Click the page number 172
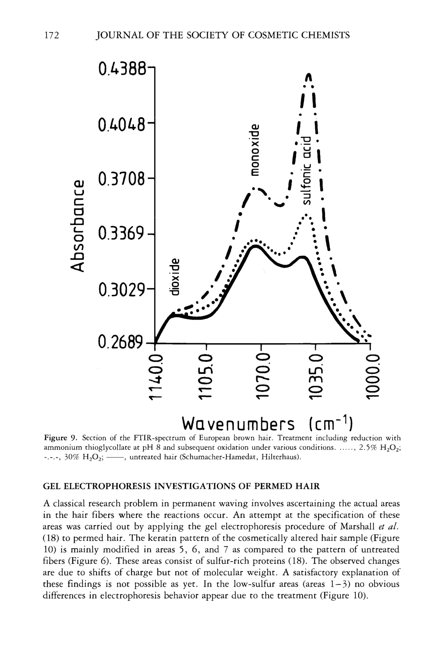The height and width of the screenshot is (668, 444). click(52, 35)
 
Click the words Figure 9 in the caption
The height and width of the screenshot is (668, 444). click(59, 438)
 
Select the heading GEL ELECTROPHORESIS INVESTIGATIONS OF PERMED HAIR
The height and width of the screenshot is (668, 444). click(181, 486)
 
